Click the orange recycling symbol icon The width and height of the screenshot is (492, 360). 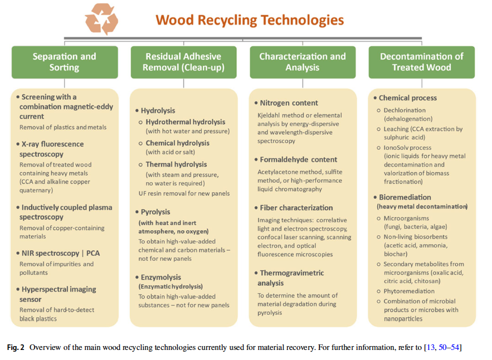(x=101, y=19)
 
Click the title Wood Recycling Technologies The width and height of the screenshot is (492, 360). (x=250, y=20)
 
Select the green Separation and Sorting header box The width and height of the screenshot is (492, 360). (x=65, y=62)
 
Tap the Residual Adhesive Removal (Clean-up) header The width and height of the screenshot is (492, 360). (x=183, y=62)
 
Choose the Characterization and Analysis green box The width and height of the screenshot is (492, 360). (x=303, y=62)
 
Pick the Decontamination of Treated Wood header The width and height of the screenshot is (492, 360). (x=421, y=62)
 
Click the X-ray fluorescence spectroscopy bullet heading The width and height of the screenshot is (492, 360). (x=50, y=149)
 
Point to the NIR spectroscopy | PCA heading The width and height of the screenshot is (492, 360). (x=58, y=254)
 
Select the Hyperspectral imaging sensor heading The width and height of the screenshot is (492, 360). (x=56, y=294)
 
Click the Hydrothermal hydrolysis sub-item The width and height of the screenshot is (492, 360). (x=182, y=122)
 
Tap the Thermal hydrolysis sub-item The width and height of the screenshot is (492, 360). (x=173, y=164)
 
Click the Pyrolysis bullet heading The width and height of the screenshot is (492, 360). (x=153, y=212)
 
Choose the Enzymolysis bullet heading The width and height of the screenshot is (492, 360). (x=158, y=278)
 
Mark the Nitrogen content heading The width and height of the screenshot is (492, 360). (x=286, y=103)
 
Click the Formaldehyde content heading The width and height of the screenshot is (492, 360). (x=296, y=159)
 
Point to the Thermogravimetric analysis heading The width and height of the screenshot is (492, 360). (x=289, y=278)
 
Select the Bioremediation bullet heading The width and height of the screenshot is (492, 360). (x=402, y=197)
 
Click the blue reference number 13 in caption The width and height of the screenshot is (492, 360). (x=431, y=347)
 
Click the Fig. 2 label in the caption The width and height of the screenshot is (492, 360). (x=16, y=347)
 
